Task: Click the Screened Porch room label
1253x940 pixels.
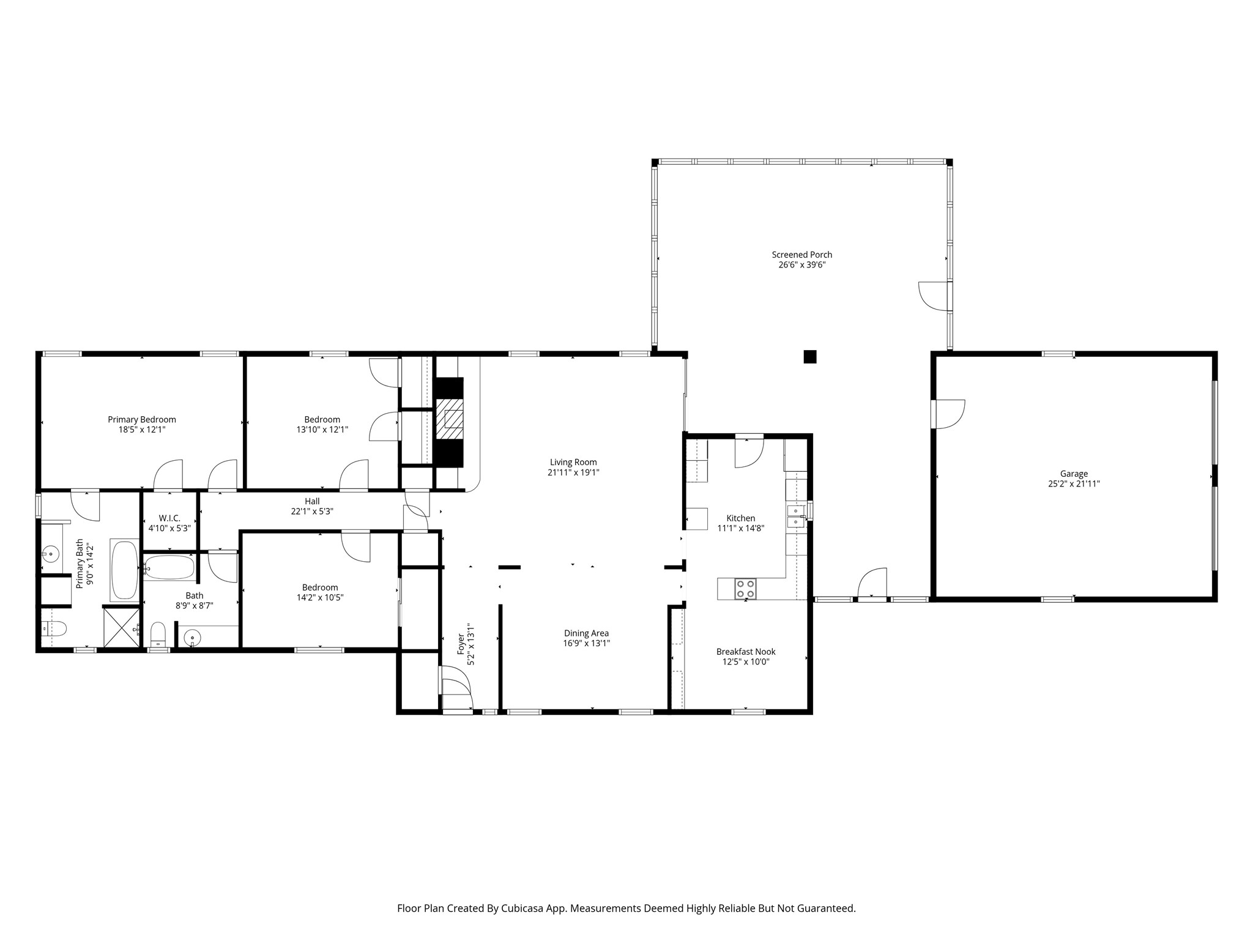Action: click(801, 255)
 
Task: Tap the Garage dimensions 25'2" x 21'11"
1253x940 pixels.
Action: click(1074, 483)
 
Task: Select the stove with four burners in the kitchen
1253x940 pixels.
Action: click(746, 589)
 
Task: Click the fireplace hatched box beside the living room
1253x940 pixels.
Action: click(450, 419)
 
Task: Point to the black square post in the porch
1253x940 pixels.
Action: click(809, 356)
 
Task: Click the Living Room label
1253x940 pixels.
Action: click(573, 462)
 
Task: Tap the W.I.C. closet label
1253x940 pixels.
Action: click(169, 518)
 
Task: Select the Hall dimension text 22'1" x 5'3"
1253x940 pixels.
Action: click(312, 511)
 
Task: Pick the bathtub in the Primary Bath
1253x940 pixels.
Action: click(125, 570)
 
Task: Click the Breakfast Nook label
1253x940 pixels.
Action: click(746, 652)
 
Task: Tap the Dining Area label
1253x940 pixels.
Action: click(586, 633)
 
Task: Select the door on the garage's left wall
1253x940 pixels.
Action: click(948, 414)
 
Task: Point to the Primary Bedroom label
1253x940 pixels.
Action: click(142, 419)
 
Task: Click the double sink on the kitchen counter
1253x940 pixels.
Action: click(796, 516)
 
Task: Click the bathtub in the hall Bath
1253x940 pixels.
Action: click(169, 567)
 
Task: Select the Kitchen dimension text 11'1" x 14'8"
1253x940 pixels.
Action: click(741, 528)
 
